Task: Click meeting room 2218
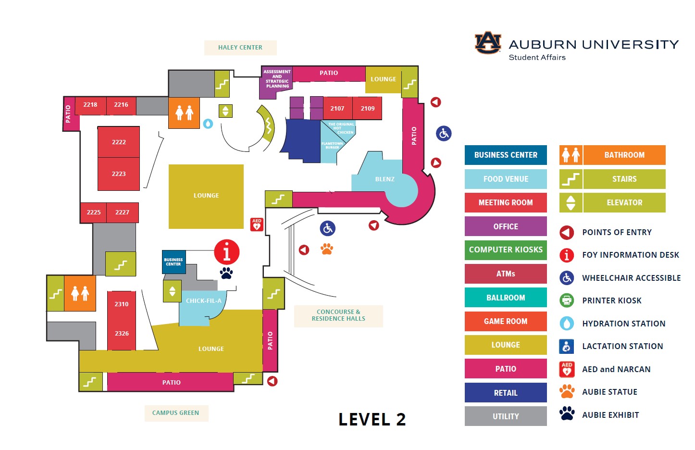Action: point(90,105)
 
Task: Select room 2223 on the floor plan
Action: point(119,174)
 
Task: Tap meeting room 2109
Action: point(367,108)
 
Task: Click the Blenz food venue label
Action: point(385,179)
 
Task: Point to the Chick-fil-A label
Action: point(203,301)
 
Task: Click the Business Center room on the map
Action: point(174,262)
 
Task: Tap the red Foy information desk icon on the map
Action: point(227,252)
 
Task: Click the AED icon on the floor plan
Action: point(257,225)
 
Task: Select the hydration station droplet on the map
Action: point(208,124)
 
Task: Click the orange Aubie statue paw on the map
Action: point(327,249)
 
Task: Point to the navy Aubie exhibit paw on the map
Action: point(226,273)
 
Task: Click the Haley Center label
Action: point(240,48)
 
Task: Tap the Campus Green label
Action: point(175,413)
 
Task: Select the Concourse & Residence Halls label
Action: point(338,315)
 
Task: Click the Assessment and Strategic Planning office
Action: point(276,81)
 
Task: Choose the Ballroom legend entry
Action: point(506,298)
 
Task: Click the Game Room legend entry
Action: point(506,321)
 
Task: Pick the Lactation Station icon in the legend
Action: point(567,346)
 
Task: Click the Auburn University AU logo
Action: point(488,43)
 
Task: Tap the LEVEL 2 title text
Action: point(372,420)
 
